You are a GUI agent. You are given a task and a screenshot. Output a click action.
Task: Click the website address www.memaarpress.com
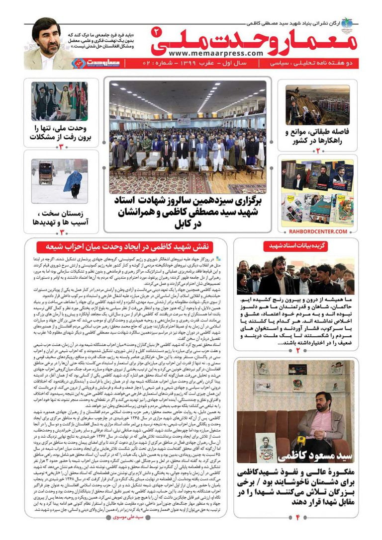click(215, 53)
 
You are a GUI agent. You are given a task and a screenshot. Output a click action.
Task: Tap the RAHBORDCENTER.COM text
click(317, 231)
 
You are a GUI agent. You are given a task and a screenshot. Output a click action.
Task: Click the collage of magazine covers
click(317, 193)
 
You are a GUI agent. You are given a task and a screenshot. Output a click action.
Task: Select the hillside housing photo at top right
click(317, 105)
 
